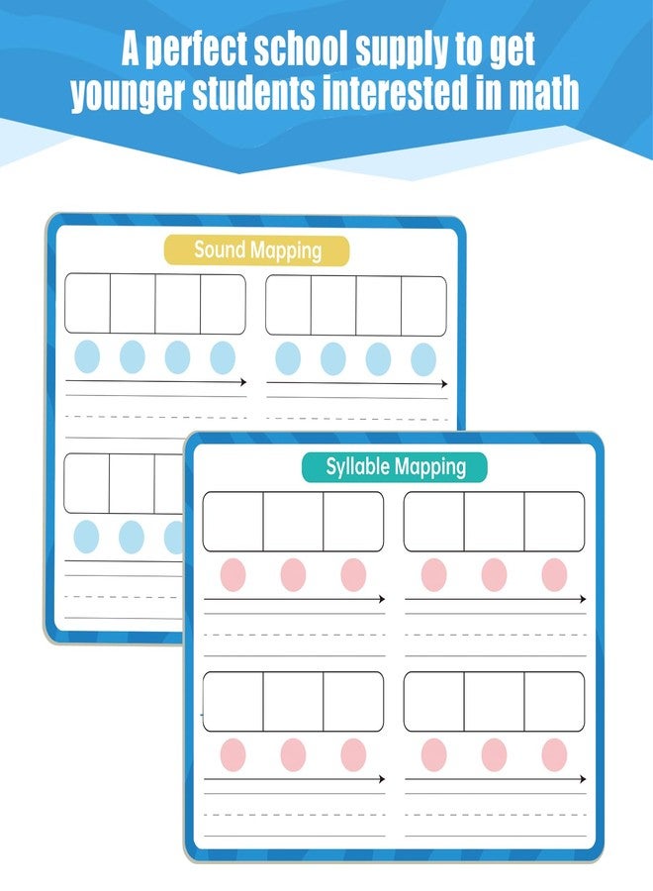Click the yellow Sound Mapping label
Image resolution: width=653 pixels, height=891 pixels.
pos(256,250)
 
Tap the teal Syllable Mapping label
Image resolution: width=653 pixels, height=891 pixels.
pos(395,467)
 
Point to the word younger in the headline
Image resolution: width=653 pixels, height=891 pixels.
pos(129,95)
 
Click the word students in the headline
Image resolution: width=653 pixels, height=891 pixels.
pos(253,93)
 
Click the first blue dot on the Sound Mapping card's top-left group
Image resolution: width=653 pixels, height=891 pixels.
pos(87,356)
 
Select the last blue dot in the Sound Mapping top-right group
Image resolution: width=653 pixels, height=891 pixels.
pos(423,359)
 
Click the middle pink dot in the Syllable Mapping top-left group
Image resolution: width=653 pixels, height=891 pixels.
pos(293,574)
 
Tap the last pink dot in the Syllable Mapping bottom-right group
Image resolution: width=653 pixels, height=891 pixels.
pos(554,754)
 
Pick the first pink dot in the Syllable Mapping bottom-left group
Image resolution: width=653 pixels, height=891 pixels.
pos(233,754)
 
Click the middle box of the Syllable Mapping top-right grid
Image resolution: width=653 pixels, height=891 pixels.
pos(494,522)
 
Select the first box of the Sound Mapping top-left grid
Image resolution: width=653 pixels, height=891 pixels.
pos(87,304)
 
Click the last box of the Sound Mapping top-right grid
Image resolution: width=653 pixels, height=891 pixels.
pos(423,306)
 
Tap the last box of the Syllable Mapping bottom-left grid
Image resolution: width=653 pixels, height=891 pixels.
pos(353,701)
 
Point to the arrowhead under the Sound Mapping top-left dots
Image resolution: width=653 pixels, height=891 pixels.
pos(243,382)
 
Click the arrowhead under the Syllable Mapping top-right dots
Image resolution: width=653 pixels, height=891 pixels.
pos(582,599)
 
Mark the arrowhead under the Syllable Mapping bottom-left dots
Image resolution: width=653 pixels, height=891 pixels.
pos(382,778)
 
